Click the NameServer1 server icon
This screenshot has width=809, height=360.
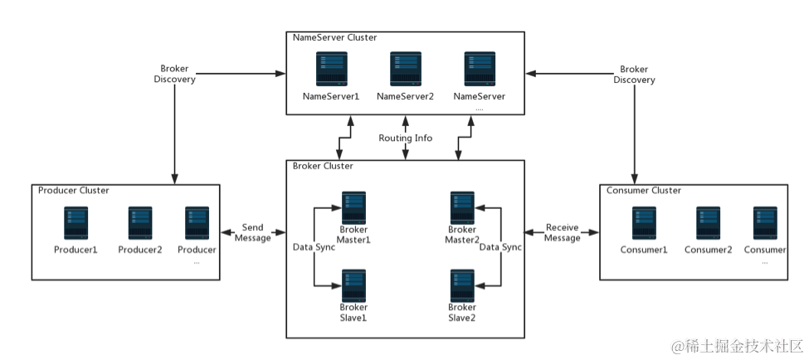[330, 69]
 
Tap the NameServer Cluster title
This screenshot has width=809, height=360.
[334, 37]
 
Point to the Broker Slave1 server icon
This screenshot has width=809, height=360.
[354, 285]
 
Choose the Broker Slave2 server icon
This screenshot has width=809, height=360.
[462, 285]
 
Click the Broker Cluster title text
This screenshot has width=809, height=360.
[323, 166]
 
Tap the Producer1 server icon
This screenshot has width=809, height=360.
[76, 223]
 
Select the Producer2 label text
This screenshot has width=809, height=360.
[139, 250]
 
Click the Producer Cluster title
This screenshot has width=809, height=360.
[74, 190]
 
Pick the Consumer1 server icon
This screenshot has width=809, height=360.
[644, 223]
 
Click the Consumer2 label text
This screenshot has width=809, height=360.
[708, 250]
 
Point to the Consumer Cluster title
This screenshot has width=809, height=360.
[644, 190]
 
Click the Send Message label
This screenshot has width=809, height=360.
[253, 232]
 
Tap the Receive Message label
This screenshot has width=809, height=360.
[562, 232]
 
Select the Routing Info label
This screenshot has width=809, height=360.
[405, 138]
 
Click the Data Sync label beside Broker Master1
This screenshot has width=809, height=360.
[314, 247]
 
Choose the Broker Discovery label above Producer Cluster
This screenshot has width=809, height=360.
[175, 74]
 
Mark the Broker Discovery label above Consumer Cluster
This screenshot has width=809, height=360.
[635, 74]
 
